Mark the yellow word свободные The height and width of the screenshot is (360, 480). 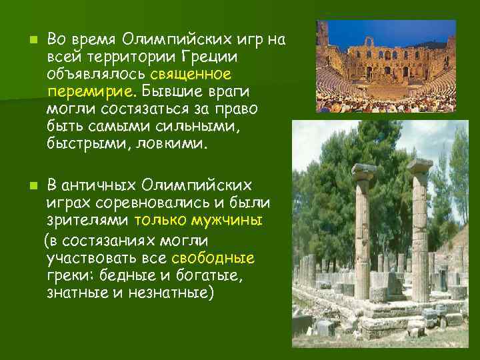213,257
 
